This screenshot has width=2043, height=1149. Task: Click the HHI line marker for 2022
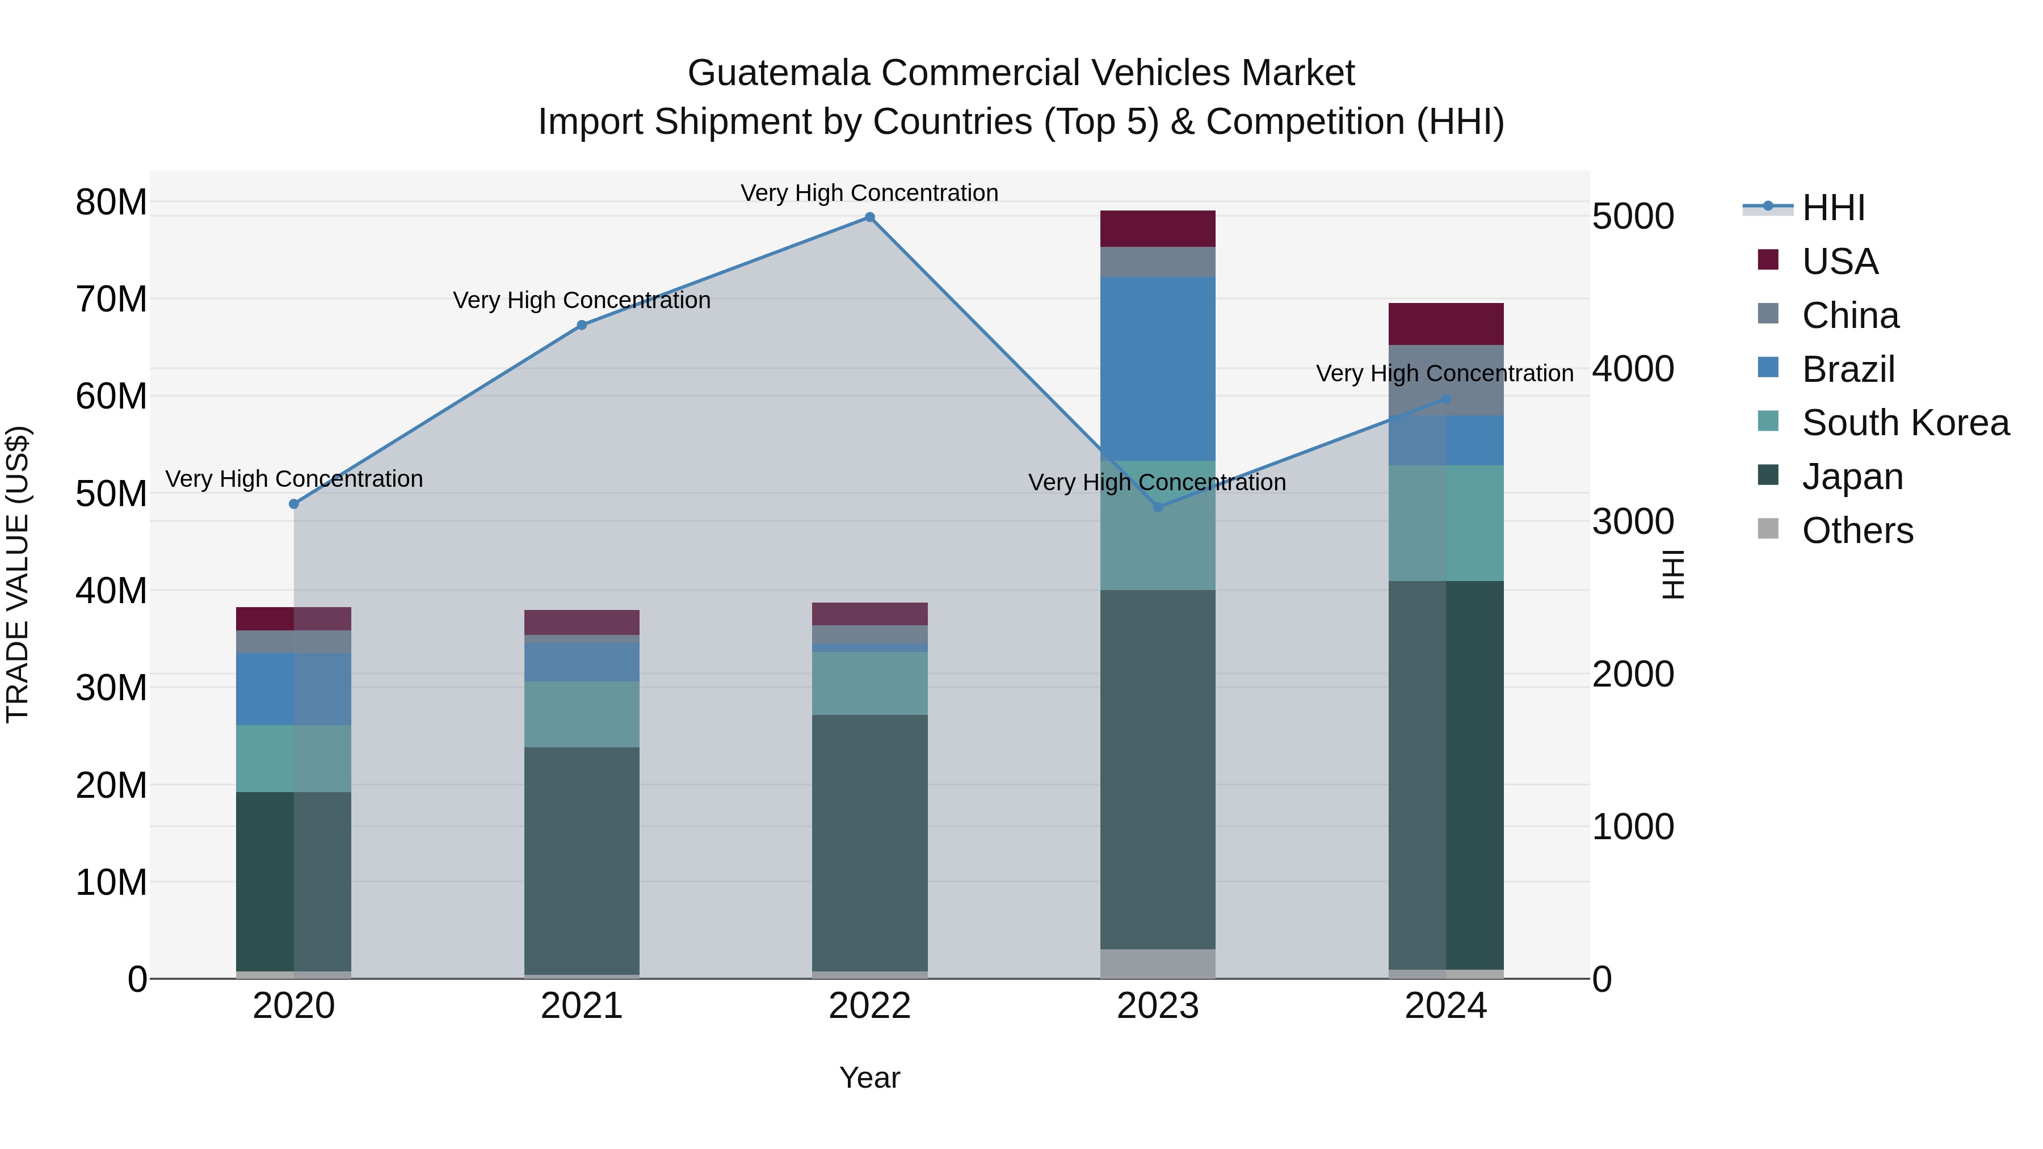point(869,217)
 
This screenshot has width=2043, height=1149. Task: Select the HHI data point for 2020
point(293,504)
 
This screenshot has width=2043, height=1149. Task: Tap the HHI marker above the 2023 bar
point(1157,507)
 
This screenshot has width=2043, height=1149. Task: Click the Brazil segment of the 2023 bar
point(1157,369)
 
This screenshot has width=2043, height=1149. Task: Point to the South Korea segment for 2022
point(869,684)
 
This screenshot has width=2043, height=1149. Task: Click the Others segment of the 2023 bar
point(1157,963)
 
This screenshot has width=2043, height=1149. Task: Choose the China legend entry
point(1850,315)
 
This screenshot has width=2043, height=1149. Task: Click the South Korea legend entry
point(1905,423)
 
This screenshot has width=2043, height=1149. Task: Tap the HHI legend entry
point(1833,208)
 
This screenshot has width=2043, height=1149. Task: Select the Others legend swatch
point(1768,529)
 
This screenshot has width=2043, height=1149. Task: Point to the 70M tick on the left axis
point(111,300)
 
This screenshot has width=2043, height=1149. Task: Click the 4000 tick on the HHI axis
point(1632,369)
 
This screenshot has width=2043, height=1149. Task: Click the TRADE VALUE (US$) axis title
point(18,574)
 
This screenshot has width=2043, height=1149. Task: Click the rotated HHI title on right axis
point(1672,574)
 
